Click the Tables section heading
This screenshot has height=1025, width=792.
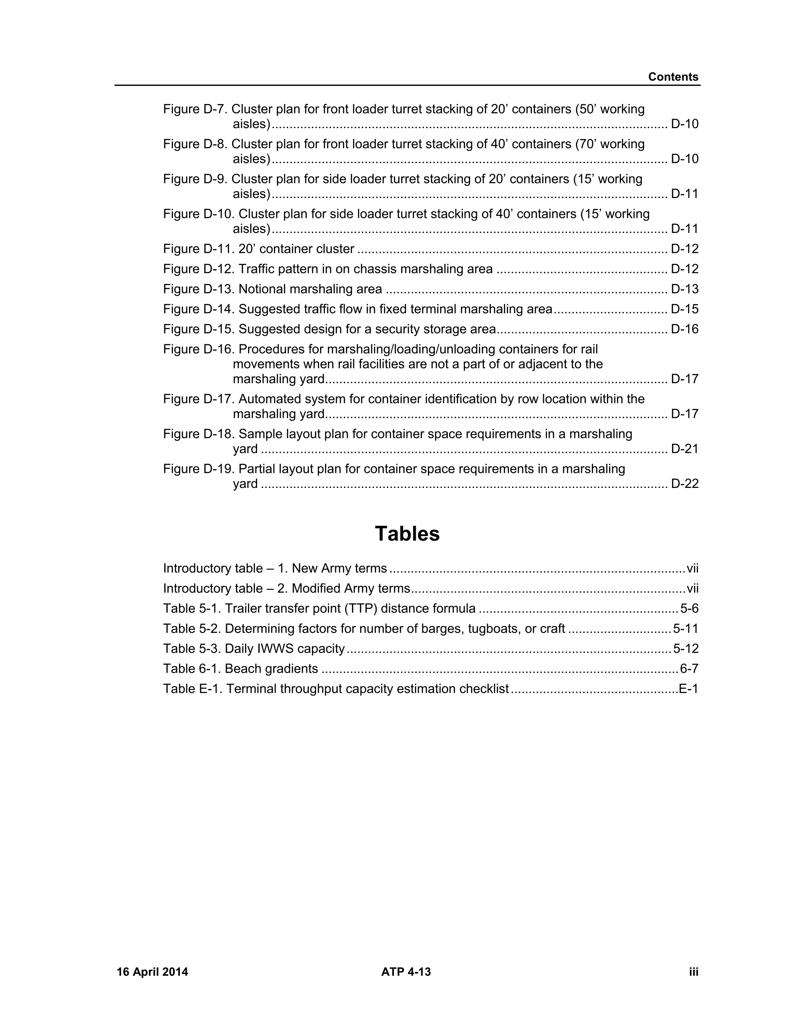[407, 534]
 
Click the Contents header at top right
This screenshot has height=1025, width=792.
[673, 77]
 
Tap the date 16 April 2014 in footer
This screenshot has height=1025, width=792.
[152, 972]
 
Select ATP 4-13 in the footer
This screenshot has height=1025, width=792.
[406, 972]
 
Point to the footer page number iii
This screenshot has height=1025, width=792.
[694, 972]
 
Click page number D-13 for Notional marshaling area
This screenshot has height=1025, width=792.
[685, 289]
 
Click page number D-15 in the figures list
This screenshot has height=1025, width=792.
[685, 309]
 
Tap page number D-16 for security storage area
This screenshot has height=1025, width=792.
[685, 330]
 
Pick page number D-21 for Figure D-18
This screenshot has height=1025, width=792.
[685, 449]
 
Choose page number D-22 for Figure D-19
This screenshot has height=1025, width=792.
[685, 484]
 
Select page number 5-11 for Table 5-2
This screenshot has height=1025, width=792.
[685, 629]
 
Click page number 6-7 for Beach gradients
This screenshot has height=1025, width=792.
[689, 669]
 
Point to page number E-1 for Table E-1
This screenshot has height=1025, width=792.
[688, 689]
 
